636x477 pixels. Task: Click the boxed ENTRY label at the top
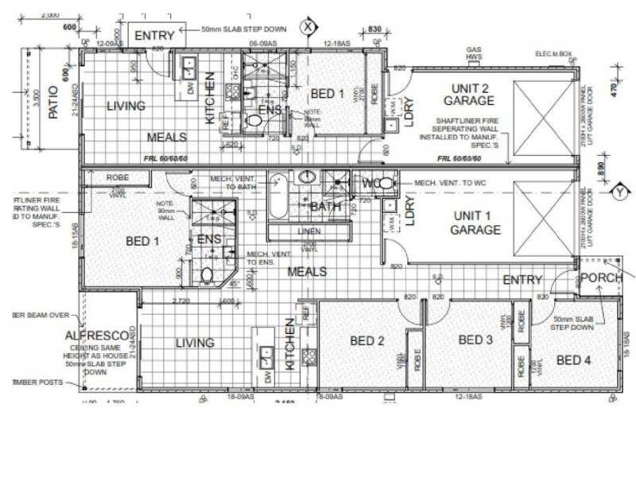tap(154, 35)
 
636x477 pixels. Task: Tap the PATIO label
tap(54, 103)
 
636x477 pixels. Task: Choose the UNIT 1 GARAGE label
tap(476, 223)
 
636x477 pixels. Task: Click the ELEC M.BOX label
tap(554, 54)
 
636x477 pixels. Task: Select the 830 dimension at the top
tap(374, 29)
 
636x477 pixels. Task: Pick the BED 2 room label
tap(367, 341)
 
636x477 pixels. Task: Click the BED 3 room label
tap(476, 340)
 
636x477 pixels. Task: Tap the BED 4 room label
tap(573, 360)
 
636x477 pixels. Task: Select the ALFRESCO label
tap(92, 335)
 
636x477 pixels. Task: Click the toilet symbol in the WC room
tap(383, 184)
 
